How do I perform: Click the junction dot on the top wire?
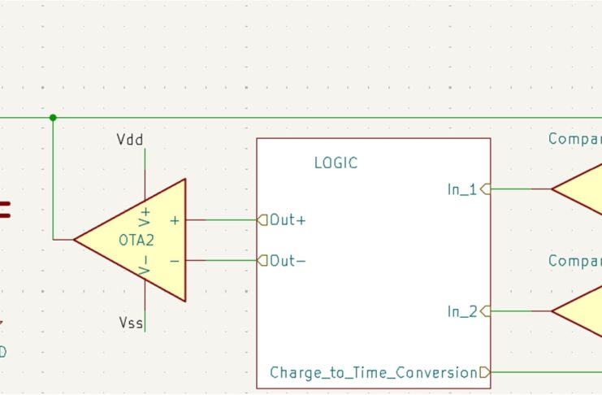pyautogui.click(x=53, y=118)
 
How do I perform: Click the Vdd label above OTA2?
pyautogui.click(x=130, y=140)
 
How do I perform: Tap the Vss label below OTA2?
pyautogui.click(x=131, y=323)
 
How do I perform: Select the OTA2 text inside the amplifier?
pyautogui.click(x=136, y=241)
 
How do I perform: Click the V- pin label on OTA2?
pyautogui.click(x=145, y=266)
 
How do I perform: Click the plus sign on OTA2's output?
pyautogui.click(x=175, y=219)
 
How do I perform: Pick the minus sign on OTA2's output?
pyautogui.click(x=175, y=260)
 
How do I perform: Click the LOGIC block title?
pyautogui.click(x=336, y=163)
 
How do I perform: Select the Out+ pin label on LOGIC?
pyautogui.click(x=288, y=219)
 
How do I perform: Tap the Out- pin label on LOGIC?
pyautogui.click(x=288, y=260)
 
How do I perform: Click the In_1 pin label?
pyautogui.click(x=462, y=189)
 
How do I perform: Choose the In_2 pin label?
pyautogui.click(x=462, y=311)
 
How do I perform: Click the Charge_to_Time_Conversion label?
pyautogui.click(x=373, y=373)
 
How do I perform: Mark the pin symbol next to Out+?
pyautogui.click(x=262, y=219)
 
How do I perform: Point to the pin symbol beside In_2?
pyautogui.click(x=486, y=311)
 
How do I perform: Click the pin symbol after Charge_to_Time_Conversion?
pyautogui.click(x=485, y=372)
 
